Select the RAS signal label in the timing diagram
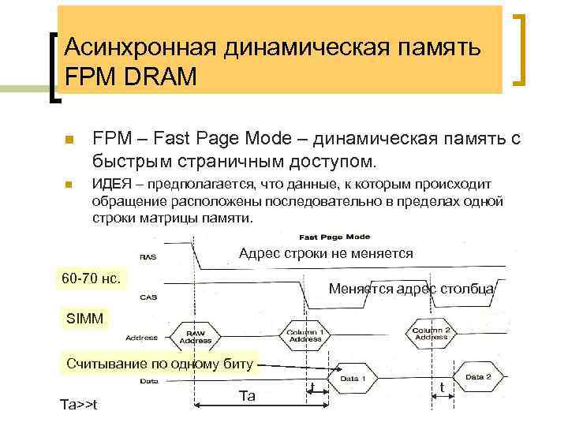[147, 256]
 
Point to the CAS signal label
[147, 297]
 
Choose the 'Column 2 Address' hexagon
[432, 332]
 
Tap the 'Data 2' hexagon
[477, 377]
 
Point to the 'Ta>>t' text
[79, 404]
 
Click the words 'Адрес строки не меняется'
[326, 254]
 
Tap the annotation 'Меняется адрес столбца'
[411, 289]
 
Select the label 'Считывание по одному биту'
[160, 364]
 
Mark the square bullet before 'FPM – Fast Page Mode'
[69, 140]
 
